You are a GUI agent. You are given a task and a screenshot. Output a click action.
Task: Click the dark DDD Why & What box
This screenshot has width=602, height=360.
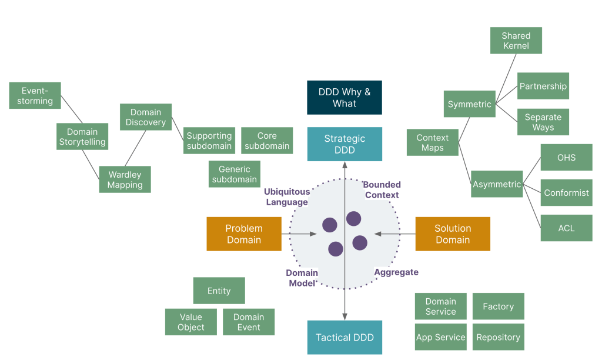pyautogui.click(x=345, y=98)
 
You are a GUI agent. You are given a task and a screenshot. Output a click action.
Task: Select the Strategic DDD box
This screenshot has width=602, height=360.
pyautogui.click(x=345, y=144)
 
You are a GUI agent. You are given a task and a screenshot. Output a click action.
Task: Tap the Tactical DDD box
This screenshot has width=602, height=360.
pyautogui.click(x=345, y=338)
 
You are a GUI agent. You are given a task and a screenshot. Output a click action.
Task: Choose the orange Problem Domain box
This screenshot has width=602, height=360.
pyautogui.click(x=244, y=234)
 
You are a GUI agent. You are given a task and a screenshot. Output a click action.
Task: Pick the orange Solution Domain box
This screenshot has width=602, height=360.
pyautogui.click(x=453, y=234)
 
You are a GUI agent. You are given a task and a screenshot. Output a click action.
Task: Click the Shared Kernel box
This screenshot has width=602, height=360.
pyautogui.click(x=516, y=41)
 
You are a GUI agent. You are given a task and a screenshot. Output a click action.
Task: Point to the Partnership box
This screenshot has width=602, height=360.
pyautogui.click(x=543, y=86)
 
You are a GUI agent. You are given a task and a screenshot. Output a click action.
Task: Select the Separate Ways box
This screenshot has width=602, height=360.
pyautogui.click(x=543, y=122)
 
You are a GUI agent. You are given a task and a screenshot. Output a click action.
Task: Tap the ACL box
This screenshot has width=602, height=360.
pyautogui.click(x=566, y=228)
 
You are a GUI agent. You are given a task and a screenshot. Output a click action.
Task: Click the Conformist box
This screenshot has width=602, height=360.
pyautogui.click(x=566, y=193)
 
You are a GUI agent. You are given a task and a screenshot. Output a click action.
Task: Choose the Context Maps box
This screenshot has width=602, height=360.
pyautogui.click(x=433, y=143)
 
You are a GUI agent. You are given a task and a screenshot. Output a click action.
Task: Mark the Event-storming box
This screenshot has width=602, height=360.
pyautogui.click(x=35, y=96)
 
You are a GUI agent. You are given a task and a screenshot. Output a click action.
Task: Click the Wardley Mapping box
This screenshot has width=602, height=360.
pyautogui.click(x=125, y=179)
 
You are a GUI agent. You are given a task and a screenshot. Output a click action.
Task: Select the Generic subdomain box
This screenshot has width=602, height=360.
pyautogui.click(x=234, y=174)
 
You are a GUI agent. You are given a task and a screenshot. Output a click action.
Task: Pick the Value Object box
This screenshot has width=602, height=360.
pyautogui.click(x=190, y=322)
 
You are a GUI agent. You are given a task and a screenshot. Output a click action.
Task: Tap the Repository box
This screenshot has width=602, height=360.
pyautogui.click(x=498, y=338)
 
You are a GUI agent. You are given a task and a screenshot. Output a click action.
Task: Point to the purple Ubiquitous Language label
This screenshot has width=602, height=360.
pyautogui.click(x=287, y=197)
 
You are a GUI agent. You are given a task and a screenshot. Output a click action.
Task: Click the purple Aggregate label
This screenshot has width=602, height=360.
pyautogui.click(x=396, y=272)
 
